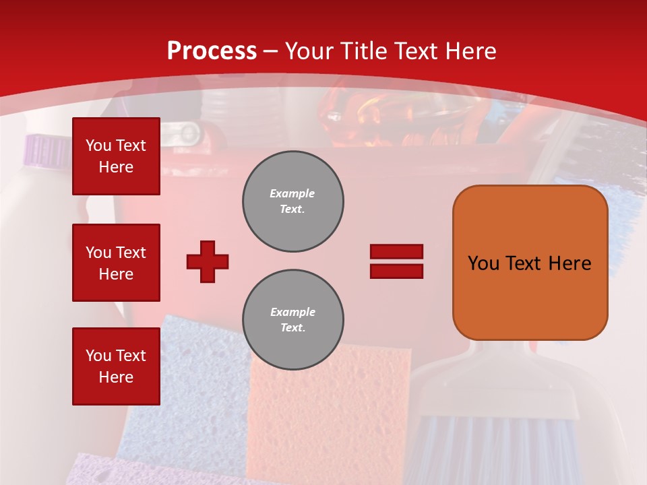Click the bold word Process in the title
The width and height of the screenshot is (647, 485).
212,51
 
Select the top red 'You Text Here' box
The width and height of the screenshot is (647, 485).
116,156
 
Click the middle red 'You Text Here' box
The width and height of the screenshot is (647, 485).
116,263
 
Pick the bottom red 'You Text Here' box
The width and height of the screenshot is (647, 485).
116,366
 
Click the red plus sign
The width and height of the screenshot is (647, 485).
208,261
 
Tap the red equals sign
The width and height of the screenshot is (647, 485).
396,261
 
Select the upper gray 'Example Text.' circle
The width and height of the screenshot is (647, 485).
293,201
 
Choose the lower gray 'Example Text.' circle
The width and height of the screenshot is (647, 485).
293,319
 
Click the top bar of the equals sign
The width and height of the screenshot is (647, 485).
396,252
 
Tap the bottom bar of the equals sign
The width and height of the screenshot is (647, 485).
396,271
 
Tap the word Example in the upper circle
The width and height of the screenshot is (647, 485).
292,193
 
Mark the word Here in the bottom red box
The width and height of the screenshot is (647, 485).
116,377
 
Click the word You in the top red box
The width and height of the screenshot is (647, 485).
98,145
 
